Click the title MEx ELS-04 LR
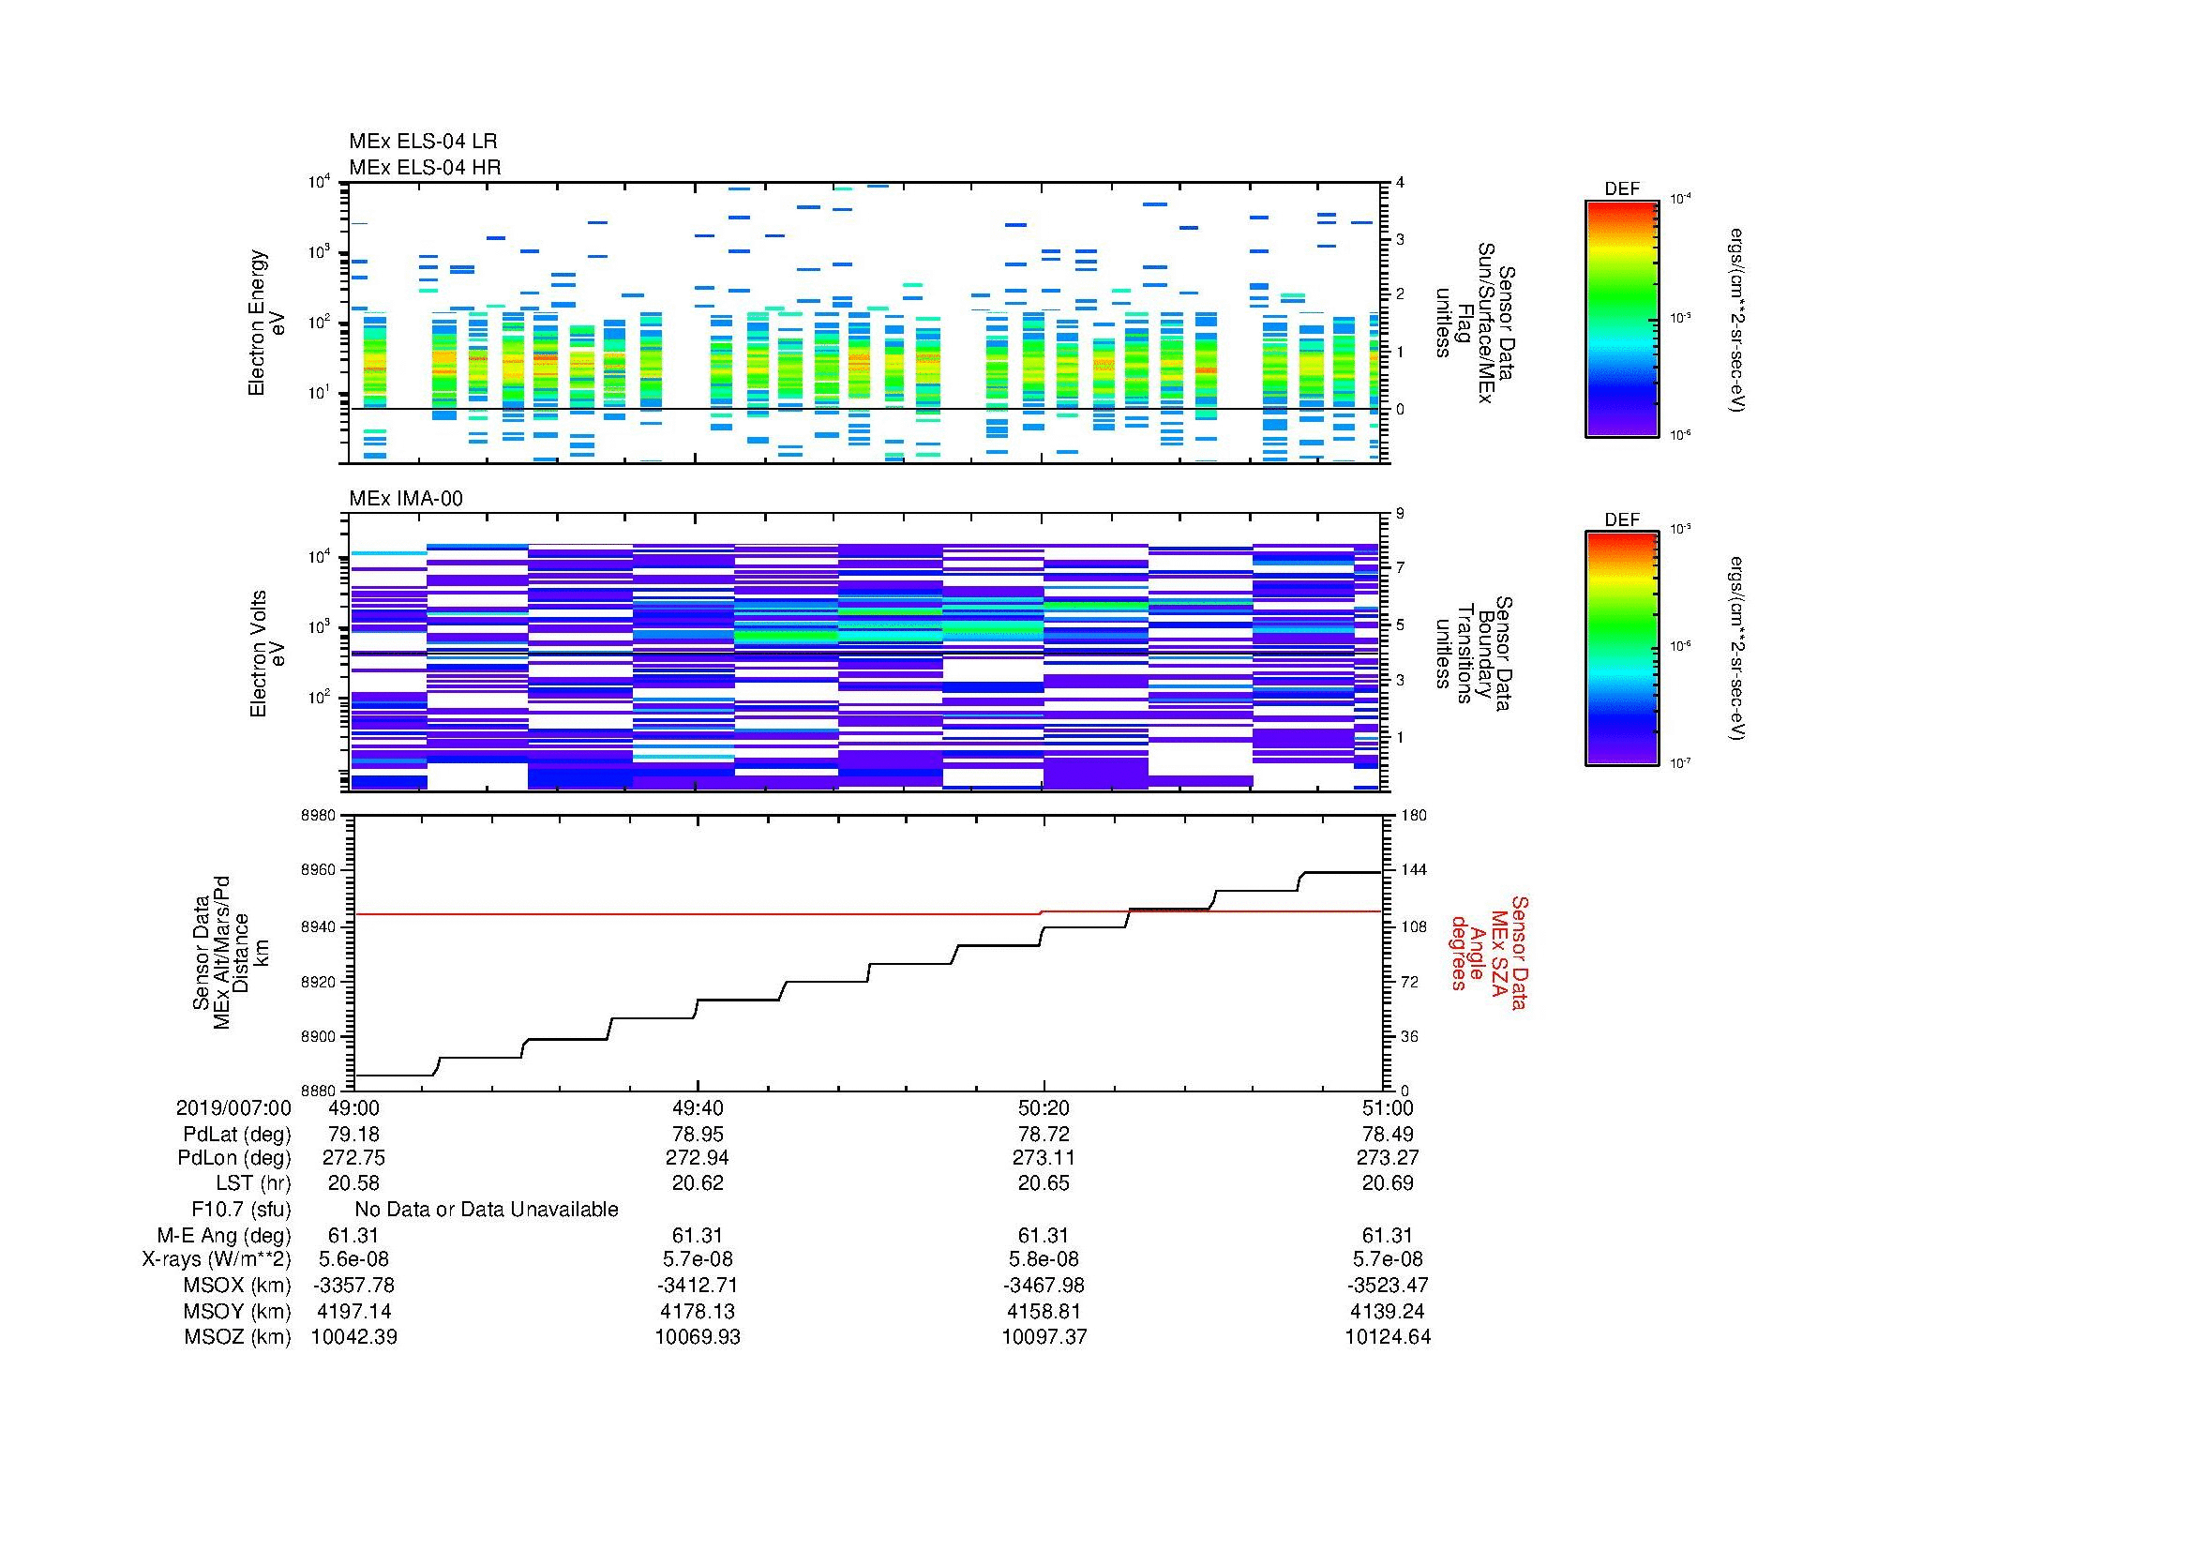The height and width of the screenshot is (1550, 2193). [422, 142]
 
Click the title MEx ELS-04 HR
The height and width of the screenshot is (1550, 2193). [424, 167]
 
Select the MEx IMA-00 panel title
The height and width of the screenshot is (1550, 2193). [405, 499]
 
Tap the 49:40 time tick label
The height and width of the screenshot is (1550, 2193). [698, 1107]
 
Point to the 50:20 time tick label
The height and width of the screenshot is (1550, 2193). [1044, 1107]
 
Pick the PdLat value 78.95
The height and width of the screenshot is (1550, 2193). [698, 1135]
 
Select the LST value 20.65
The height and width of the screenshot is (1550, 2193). [1044, 1183]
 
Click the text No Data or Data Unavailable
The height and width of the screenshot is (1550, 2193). [487, 1210]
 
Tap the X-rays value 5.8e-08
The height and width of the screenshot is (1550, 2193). [1044, 1259]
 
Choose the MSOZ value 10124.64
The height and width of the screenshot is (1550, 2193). [1387, 1337]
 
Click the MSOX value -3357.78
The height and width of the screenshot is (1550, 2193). [353, 1286]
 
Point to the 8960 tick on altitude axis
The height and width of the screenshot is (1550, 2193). [317, 871]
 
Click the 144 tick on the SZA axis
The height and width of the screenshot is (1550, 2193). [1413, 871]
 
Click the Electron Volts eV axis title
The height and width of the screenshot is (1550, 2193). [267, 654]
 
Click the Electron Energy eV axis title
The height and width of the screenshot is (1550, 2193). [266, 323]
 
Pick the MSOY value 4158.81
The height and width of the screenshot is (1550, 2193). [1044, 1311]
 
